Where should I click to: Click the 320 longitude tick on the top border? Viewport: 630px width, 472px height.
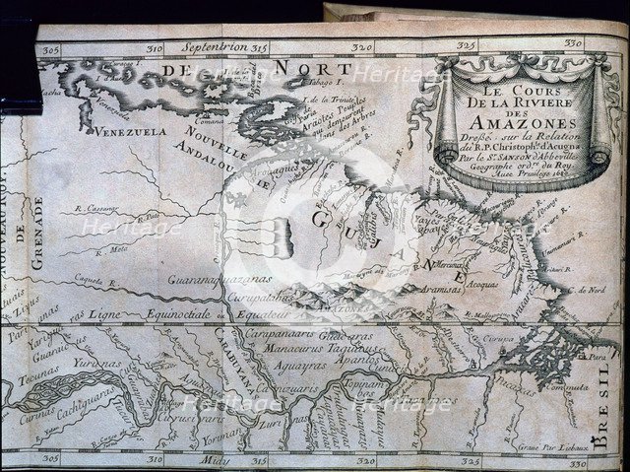[x=363, y=45]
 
